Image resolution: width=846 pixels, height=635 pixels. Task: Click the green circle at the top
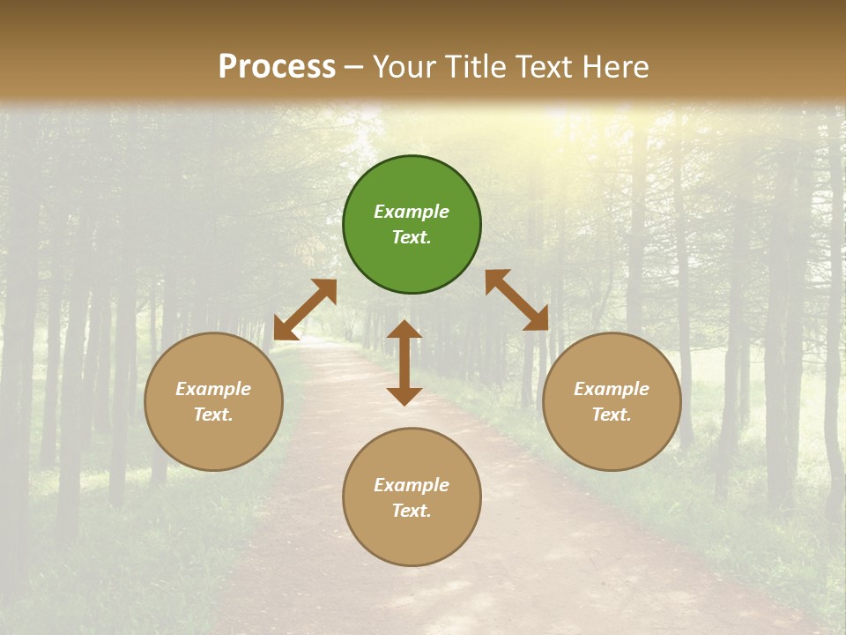pos(412,224)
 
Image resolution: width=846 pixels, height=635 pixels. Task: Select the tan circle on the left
pos(213,401)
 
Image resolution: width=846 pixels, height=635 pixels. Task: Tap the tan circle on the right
pos(612,401)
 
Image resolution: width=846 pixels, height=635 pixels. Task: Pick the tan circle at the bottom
pos(412,497)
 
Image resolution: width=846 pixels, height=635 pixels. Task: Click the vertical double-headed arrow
pos(404,362)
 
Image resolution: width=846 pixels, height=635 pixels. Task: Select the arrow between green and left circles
pos(305,309)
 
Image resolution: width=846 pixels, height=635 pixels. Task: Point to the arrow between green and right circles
pos(517,300)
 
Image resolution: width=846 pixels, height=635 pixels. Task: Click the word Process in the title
pos(277,66)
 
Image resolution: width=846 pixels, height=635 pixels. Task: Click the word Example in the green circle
pos(412,212)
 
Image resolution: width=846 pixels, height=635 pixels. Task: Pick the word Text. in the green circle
pos(412,237)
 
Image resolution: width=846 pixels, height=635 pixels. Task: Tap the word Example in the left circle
pos(213,389)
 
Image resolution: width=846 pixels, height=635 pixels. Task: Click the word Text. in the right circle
pos(612,415)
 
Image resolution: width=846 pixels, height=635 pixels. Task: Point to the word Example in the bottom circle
pos(412,485)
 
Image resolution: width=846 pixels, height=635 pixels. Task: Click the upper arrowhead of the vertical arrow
pos(404,331)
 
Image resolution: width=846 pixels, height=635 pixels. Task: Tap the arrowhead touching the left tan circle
pos(284,331)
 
